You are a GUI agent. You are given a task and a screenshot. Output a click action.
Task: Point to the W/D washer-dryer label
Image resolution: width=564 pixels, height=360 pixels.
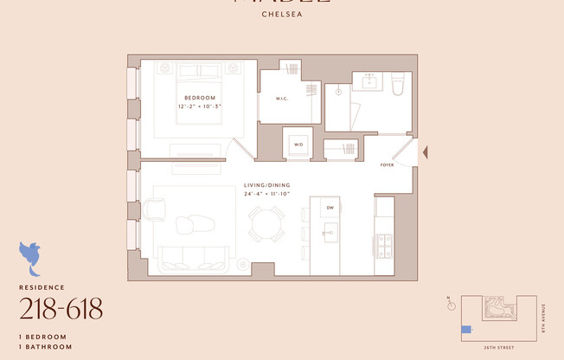(x=298, y=145)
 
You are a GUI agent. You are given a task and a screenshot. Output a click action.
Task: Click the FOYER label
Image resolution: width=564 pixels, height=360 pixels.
(x=388, y=164)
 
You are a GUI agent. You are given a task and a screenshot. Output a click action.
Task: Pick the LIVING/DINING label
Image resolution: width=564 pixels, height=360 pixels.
(x=267, y=184)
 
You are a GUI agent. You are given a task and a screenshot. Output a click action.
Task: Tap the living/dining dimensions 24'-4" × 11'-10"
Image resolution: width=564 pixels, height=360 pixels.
(x=266, y=193)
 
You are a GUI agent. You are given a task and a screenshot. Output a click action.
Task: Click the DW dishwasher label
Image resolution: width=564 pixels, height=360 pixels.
(x=330, y=209)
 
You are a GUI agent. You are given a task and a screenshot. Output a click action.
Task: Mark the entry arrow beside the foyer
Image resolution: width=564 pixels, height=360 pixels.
(x=423, y=153)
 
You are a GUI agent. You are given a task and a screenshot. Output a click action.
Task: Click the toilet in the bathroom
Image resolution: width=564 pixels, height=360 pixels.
(x=399, y=83)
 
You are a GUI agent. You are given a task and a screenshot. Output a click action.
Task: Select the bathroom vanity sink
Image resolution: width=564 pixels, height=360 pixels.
(x=370, y=80)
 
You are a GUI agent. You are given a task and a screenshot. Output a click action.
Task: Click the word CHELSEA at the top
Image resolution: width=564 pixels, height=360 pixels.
(x=282, y=14)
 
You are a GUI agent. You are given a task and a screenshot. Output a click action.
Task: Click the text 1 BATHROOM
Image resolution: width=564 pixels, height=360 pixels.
(x=43, y=346)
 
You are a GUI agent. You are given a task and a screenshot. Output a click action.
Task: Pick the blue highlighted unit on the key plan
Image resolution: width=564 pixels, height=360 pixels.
(x=466, y=329)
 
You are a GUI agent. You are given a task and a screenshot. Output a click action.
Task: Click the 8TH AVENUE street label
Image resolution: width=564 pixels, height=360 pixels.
(x=544, y=317)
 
